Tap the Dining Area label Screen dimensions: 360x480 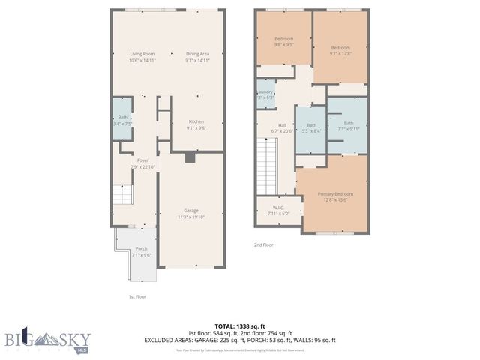coord(197,57)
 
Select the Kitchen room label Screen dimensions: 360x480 coord(196,124)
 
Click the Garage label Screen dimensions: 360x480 coord(191,214)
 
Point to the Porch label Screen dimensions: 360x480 coord(141,252)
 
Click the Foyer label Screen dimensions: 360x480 coord(142,163)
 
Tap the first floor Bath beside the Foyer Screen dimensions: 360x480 coord(122,120)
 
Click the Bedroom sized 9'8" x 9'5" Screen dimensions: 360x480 coord(283,41)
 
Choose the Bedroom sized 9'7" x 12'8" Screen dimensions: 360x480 coord(340,50)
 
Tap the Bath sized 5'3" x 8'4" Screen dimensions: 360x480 coord(311,128)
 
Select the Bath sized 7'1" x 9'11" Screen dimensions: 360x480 coord(348,126)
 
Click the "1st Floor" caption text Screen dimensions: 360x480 coord(136,296)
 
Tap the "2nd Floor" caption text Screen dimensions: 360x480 coord(263,244)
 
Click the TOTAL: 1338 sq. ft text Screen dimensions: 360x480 coord(240,325)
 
